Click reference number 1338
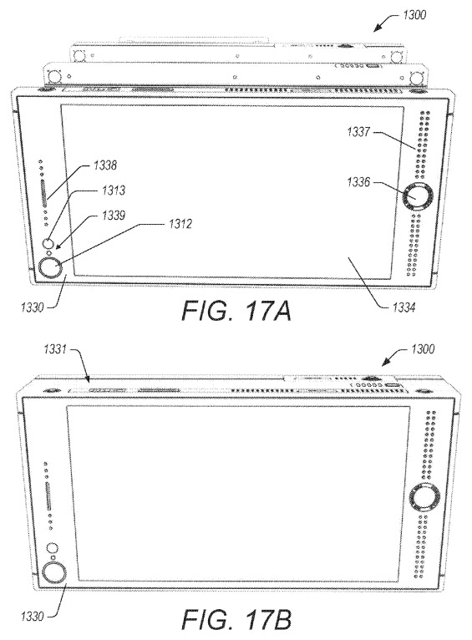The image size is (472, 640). click(x=105, y=165)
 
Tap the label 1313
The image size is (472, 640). click(x=113, y=190)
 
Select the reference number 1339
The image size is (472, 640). click(x=113, y=215)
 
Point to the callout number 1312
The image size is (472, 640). click(x=180, y=224)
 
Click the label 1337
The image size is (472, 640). click(x=358, y=132)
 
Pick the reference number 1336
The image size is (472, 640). click(x=358, y=182)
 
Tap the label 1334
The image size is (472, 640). click(x=403, y=307)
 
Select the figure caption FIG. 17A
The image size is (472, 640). click(x=236, y=312)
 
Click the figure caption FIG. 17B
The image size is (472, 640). click(x=236, y=620)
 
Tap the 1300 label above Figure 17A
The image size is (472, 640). click(x=414, y=15)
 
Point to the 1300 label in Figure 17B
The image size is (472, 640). click(x=423, y=349)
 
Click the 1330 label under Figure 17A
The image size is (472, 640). click(x=32, y=307)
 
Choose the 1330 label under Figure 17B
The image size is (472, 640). click(x=32, y=617)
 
